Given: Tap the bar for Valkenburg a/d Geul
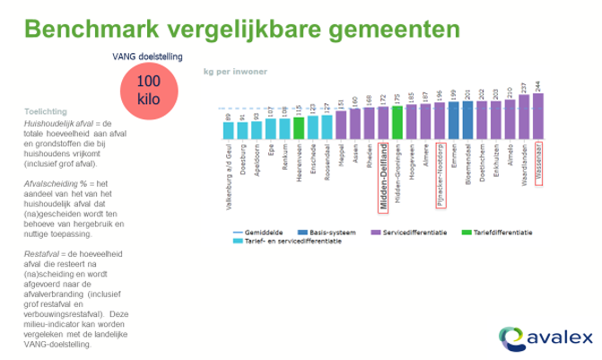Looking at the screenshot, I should tap(228, 131).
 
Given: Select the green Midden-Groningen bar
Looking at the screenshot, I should tap(397, 124).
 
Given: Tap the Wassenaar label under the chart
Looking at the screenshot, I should tap(538, 163).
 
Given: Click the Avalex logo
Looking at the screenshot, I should tap(544, 338).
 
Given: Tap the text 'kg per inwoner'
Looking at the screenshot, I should tap(229, 70).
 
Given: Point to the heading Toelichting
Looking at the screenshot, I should tap(46, 113).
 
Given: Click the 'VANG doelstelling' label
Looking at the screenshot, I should tap(148, 57).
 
